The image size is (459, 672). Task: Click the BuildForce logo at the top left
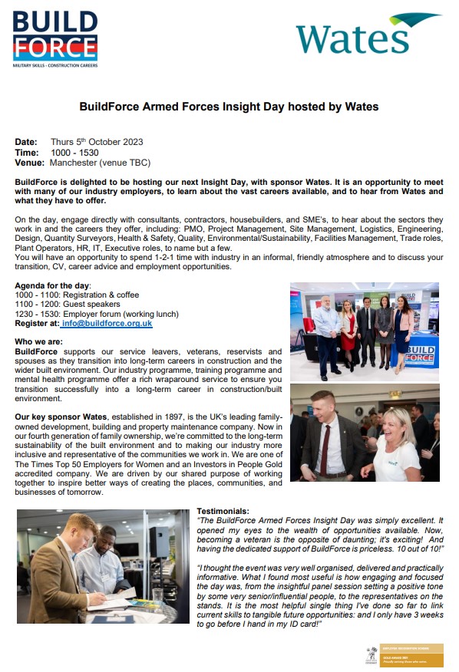click(x=55, y=40)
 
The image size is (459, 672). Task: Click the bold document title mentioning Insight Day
click(x=229, y=107)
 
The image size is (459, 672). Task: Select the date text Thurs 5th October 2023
click(x=97, y=142)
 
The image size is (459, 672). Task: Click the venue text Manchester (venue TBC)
click(x=100, y=163)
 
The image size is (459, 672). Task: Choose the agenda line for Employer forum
click(x=97, y=314)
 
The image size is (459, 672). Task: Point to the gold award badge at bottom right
click(x=404, y=654)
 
